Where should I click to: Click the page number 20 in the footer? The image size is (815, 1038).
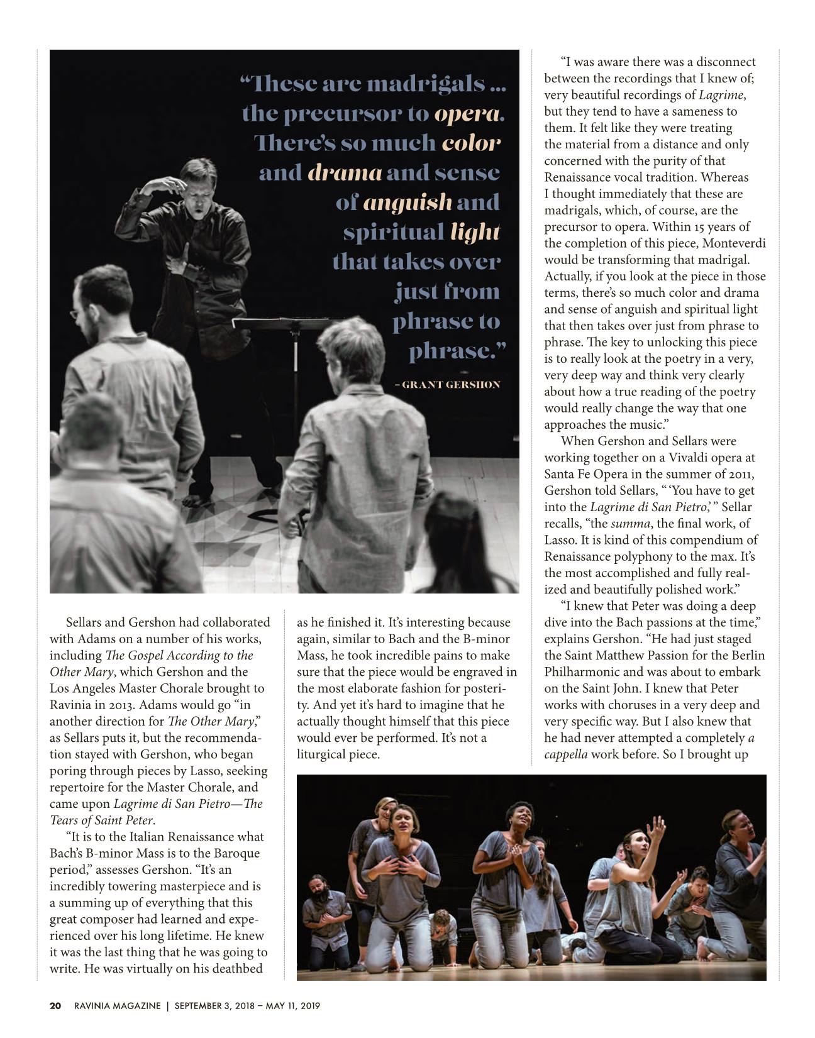(55, 1005)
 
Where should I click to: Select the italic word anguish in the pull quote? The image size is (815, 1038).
(407, 202)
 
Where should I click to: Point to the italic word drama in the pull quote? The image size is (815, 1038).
(345, 173)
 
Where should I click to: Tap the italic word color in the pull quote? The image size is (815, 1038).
(470, 143)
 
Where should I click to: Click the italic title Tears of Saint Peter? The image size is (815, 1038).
(101, 820)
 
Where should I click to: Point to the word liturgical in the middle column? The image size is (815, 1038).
(320, 754)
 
